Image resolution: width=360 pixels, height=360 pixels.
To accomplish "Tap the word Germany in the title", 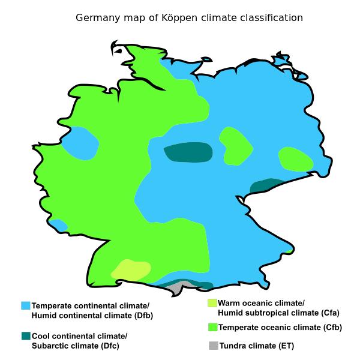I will (x=96, y=18).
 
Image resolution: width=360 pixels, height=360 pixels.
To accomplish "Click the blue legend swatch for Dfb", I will (x=25, y=305).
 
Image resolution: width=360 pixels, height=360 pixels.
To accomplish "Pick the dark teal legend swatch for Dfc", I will (x=25, y=335).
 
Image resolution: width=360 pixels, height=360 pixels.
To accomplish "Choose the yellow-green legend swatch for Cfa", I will (x=212, y=303).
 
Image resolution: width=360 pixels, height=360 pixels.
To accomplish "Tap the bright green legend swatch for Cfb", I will (x=212, y=327).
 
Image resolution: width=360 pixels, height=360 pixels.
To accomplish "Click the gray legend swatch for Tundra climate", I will (x=212, y=346).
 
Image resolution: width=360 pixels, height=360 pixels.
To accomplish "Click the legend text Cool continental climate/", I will (x=79, y=335).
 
